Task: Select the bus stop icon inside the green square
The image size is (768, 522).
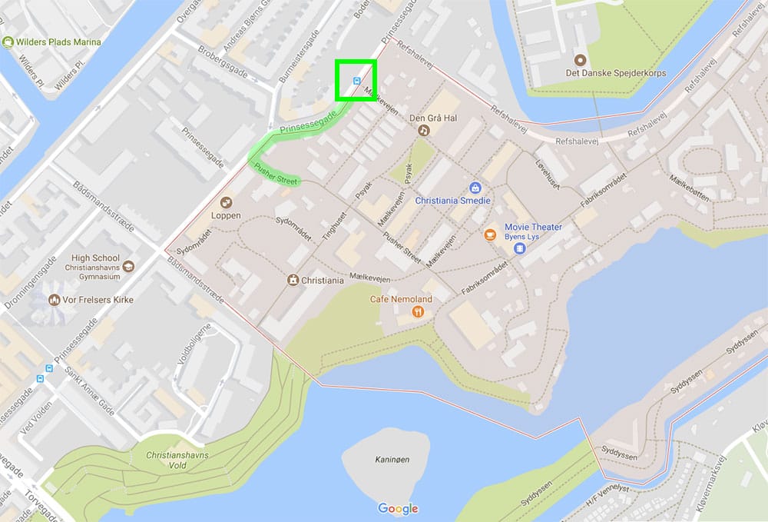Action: click(356, 80)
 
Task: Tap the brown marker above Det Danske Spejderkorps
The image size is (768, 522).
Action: click(580, 59)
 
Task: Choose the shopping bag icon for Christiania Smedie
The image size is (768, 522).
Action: click(475, 188)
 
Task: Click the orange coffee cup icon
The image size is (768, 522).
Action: click(490, 234)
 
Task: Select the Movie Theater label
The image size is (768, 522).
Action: click(533, 227)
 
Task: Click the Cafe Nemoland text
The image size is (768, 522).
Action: click(401, 299)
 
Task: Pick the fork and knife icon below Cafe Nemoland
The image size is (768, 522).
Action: click(418, 312)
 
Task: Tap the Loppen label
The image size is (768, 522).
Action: click(225, 216)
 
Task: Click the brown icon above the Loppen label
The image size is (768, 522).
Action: click(226, 202)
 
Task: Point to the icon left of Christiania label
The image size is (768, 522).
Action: click(293, 281)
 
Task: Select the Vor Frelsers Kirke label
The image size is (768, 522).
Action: click(95, 299)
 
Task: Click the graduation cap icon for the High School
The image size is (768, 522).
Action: click(128, 265)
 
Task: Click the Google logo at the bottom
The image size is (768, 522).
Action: click(398, 508)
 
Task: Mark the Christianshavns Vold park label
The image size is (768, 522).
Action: click(177, 460)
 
